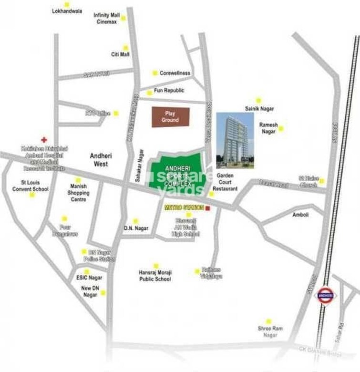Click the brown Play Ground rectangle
[170, 117]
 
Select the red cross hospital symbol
[44, 140]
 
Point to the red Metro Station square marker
[207, 208]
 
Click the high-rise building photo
[235, 141]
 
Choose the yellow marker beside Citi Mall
[126, 48]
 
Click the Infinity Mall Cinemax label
[106, 19]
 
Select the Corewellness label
[175, 73]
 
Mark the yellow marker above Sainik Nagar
[258, 100]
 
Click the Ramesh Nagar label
[268, 128]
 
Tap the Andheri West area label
[101, 159]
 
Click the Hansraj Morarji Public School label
[155, 276]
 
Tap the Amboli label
[300, 215]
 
